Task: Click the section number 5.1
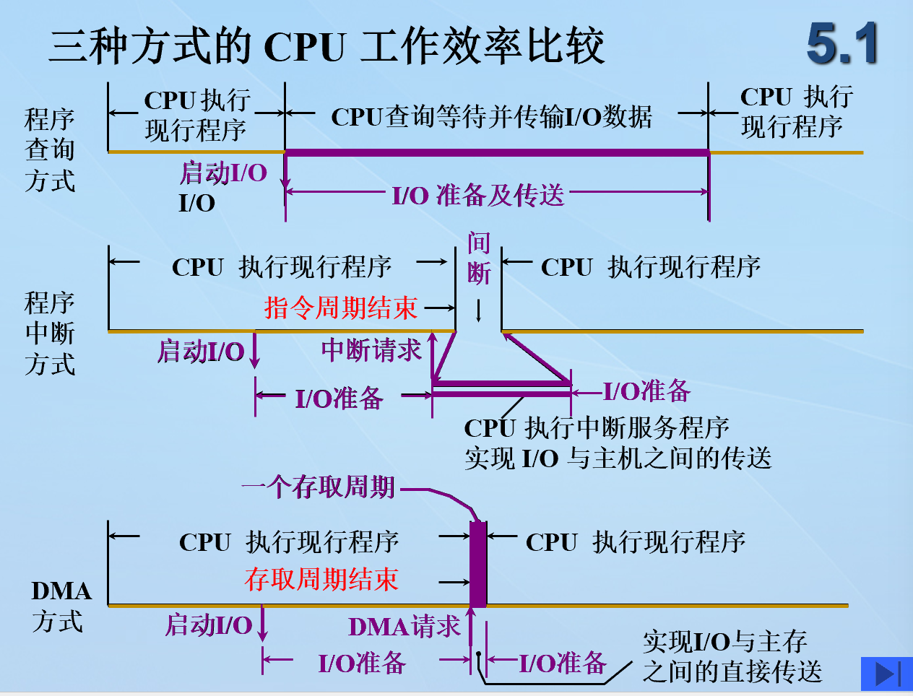841,45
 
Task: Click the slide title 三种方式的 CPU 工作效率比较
326,47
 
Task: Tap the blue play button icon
886,674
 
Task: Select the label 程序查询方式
49,150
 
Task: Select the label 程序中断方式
49,333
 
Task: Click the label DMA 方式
60,606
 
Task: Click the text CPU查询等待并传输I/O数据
491,116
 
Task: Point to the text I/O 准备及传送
478,195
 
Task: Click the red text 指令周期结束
340,308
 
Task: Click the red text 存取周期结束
321,580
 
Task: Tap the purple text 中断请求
371,351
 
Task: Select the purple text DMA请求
404,627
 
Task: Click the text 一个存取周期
318,488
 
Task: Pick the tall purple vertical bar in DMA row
477,564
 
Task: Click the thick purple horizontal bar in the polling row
497,152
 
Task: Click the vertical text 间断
478,258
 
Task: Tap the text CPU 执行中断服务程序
597,428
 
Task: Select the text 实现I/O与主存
724,641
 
